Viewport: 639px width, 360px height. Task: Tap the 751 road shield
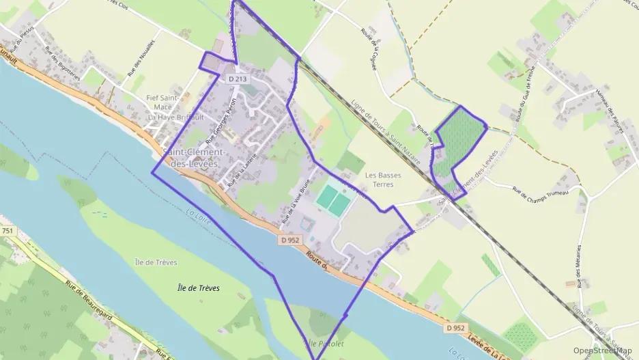click(8, 232)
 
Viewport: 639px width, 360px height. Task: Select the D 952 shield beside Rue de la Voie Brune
click(290, 240)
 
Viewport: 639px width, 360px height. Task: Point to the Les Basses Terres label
click(383, 179)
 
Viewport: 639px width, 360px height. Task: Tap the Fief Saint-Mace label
click(163, 102)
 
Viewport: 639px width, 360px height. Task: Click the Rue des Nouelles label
click(142, 57)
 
